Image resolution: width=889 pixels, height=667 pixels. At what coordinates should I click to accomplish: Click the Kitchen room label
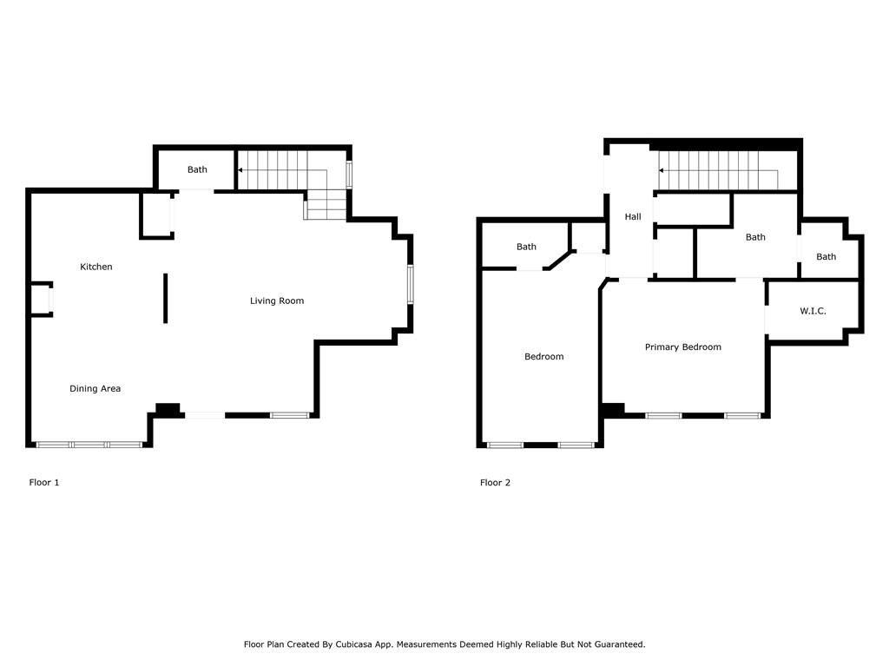[95, 267]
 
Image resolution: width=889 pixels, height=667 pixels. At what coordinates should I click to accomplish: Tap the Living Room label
[277, 300]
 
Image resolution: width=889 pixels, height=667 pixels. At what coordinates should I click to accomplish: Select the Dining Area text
[95, 388]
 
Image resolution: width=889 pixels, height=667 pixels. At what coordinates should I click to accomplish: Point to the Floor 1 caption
[44, 482]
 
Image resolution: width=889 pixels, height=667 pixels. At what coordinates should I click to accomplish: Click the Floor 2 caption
[495, 482]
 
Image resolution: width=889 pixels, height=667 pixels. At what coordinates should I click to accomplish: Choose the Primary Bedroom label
[683, 347]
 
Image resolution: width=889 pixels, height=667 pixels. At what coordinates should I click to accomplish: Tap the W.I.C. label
[813, 311]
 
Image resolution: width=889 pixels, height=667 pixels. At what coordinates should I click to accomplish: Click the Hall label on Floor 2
[633, 216]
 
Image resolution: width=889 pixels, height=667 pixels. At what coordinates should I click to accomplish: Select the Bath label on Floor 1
[197, 169]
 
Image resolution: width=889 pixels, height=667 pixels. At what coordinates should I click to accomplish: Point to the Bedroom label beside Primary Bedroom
[543, 356]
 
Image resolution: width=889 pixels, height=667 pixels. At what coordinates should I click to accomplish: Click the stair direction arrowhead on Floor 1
[240, 170]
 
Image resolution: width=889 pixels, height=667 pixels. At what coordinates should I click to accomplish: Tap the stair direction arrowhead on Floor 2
[661, 170]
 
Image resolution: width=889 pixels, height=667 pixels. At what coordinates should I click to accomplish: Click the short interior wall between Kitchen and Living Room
[166, 299]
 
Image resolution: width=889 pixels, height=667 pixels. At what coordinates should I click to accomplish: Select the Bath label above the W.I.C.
[826, 257]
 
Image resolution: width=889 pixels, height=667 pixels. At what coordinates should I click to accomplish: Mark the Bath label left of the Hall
[526, 247]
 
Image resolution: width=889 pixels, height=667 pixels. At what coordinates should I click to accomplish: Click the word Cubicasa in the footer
[354, 644]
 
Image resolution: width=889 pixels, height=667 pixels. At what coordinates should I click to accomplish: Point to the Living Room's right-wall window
[411, 284]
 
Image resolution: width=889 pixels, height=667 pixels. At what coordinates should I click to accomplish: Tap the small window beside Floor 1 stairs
[349, 175]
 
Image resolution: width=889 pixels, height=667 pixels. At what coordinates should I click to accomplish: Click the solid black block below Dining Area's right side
[168, 410]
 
